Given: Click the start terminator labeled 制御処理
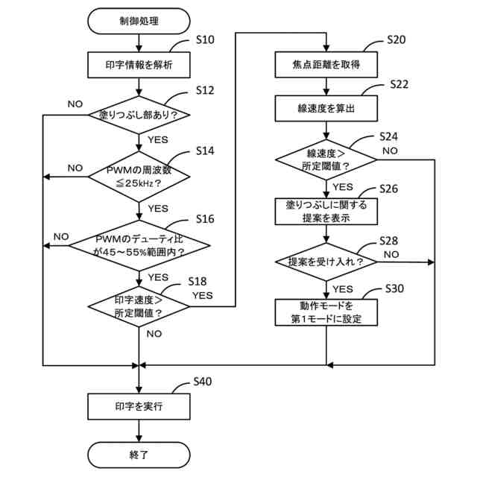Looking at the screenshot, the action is point(139,21).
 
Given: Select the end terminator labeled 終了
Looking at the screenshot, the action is point(139,455).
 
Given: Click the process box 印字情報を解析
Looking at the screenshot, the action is point(139,65).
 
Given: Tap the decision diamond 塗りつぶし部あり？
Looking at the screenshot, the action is point(139,115).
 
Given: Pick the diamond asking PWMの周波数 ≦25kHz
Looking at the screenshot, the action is point(139,177).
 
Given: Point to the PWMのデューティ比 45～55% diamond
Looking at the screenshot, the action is point(139,245).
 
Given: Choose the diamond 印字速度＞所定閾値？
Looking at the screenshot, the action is point(139,306).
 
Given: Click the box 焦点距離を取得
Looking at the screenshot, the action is point(326,65).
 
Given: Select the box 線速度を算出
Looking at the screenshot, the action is point(326,109).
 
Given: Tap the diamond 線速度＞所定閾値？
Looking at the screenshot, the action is point(326,159).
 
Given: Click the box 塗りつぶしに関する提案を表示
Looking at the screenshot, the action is point(326,212).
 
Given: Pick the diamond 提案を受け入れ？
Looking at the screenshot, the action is point(326,262).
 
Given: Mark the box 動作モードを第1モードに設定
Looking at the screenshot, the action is point(326,312).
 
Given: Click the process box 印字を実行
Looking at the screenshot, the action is point(139,407).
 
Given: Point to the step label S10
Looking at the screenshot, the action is point(205,40).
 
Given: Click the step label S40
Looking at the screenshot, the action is point(203,382).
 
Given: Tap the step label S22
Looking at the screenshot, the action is point(399,84).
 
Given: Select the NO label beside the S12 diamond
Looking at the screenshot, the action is point(75,104).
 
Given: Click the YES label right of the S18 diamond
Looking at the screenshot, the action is point(203,295).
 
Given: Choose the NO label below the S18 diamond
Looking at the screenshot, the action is point(154,334).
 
